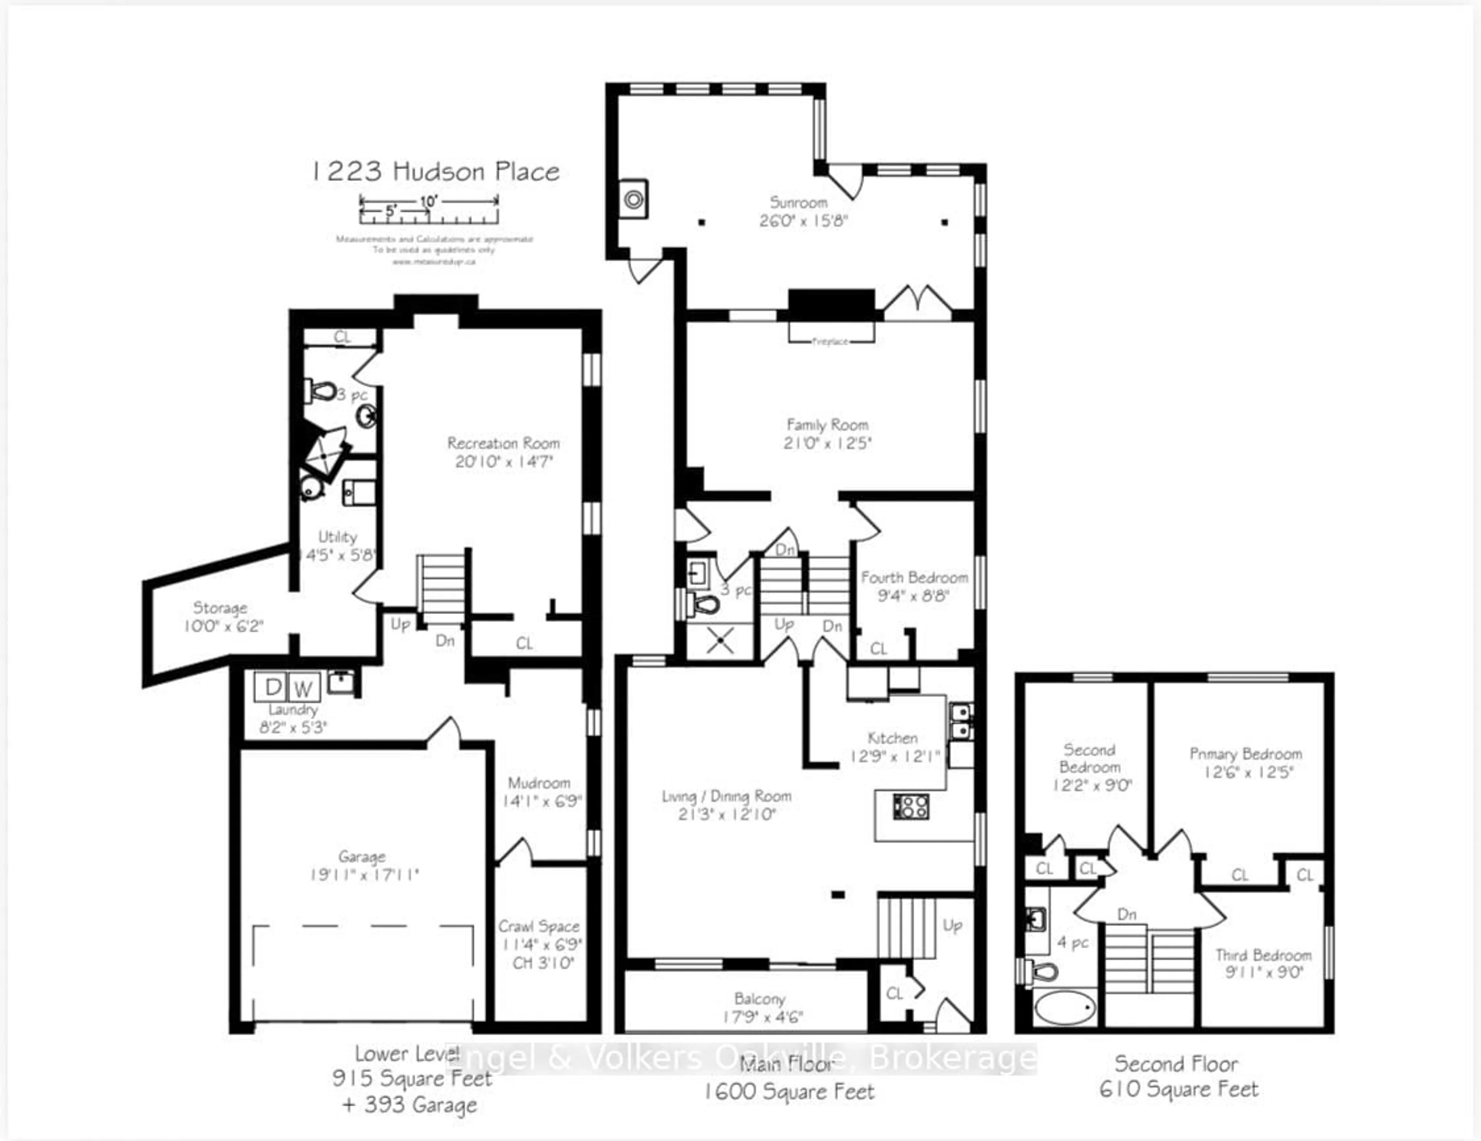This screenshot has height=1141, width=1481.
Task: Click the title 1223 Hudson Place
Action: click(435, 172)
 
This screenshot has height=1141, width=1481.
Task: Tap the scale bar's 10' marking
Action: click(428, 201)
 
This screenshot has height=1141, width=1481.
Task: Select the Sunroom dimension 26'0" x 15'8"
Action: click(804, 221)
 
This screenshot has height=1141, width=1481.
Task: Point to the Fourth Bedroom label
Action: click(914, 578)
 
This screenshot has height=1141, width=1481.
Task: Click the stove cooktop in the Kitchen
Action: click(911, 807)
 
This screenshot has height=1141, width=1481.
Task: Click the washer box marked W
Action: click(303, 689)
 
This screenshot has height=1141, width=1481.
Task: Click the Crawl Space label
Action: click(539, 926)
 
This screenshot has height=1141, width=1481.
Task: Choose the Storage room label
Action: click(220, 607)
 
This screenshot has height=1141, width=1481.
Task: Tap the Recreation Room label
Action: click(503, 443)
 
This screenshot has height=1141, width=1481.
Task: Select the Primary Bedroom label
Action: click(1246, 754)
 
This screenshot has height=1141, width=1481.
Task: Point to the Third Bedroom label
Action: click(1263, 955)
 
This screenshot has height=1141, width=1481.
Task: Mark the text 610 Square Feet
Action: click(1179, 1089)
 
